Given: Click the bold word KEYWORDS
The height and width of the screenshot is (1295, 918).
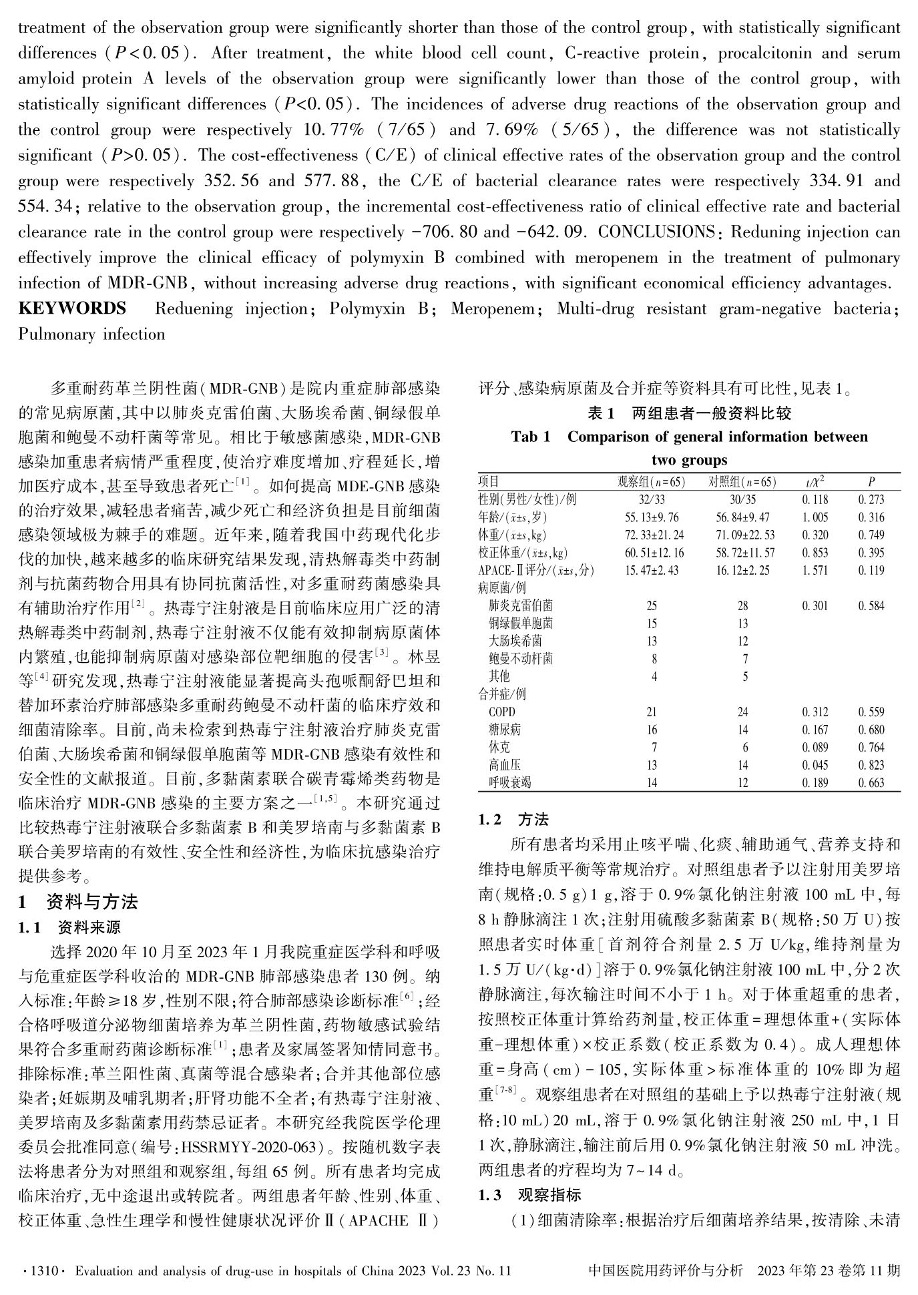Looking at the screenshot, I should [x=72, y=308].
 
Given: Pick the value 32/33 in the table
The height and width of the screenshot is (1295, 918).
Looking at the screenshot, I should [x=651, y=499].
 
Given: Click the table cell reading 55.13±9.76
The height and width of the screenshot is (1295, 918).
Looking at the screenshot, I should [x=651, y=517].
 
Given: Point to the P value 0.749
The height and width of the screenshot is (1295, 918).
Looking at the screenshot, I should [x=871, y=535].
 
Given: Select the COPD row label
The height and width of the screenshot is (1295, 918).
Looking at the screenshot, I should [x=502, y=712].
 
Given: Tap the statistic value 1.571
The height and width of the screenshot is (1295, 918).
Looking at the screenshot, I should [x=815, y=570].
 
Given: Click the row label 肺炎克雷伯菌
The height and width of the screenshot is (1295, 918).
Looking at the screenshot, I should [x=521, y=606].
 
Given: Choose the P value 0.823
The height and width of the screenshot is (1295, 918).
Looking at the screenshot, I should [x=871, y=765].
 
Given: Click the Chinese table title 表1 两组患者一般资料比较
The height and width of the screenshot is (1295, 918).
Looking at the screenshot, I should [x=689, y=414].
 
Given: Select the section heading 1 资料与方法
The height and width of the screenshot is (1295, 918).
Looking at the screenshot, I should [x=78, y=902].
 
